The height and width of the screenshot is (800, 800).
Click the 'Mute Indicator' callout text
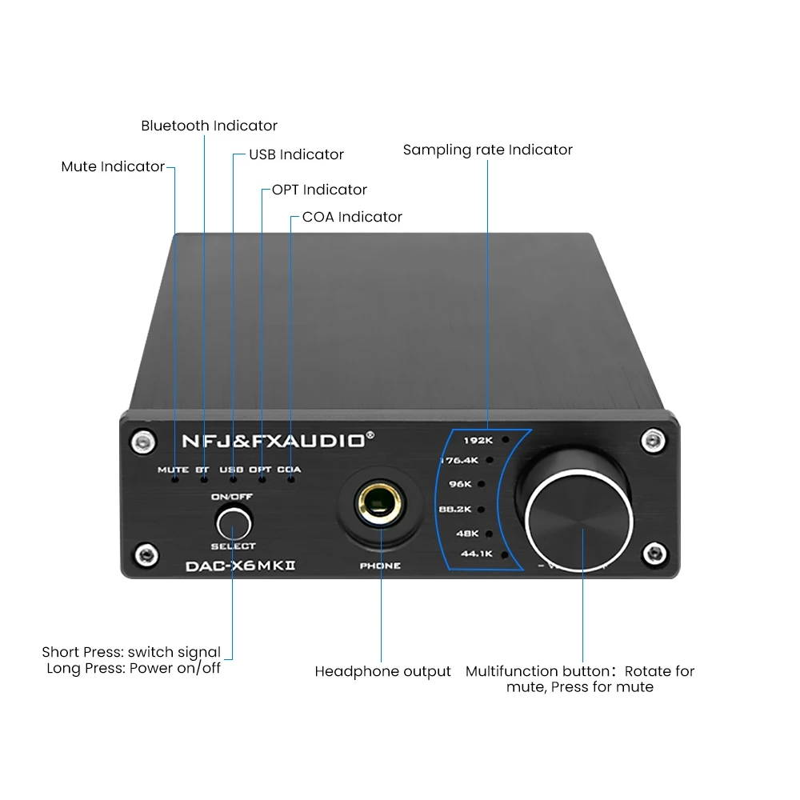click(113, 167)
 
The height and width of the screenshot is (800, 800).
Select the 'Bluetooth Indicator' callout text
click(209, 126)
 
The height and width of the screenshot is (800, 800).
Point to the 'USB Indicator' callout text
click(296, 154)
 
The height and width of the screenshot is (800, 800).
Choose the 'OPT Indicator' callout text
click(319, 190)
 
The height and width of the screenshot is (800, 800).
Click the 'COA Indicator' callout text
click(352, 217)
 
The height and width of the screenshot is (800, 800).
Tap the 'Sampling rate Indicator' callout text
click(487, 150)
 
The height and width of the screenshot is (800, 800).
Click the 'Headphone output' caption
click(382, 671)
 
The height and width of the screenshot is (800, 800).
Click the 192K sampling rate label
click(478, 440)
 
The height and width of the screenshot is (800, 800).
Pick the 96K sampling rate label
click(482, 484)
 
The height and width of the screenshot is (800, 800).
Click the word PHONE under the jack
click(381, 566)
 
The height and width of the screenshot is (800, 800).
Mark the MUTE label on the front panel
click(173, 470)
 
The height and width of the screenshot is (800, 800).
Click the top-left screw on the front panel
click(143, 439)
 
